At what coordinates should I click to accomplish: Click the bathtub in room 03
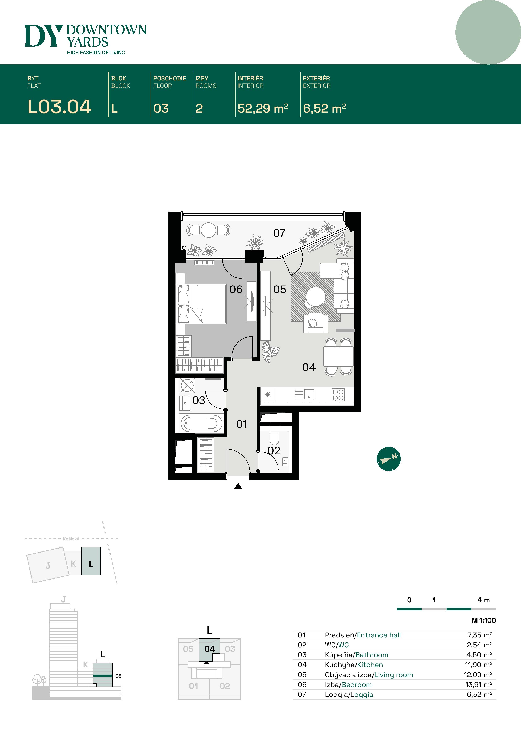point(201,423)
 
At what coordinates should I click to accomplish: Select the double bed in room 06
point(202,303)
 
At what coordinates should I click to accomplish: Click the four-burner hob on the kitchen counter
point(338,395)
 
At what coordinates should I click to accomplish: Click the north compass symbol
point(388,459)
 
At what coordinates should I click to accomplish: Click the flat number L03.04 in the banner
point(59,107)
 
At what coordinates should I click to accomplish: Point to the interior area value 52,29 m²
point(263,108)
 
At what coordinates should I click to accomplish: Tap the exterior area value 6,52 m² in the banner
point(324,108)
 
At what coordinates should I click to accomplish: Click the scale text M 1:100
point(483,620)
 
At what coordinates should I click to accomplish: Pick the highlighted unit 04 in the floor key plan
point(209,649)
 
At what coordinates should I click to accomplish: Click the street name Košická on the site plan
point(71,539)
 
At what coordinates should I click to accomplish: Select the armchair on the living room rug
point(315,323)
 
